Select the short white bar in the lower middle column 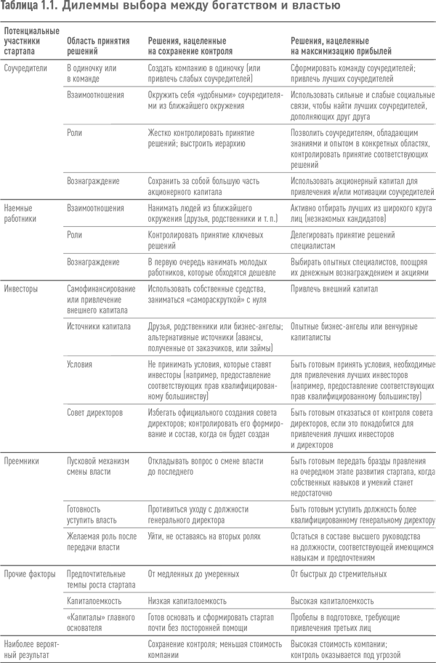pyautogui.click(x=166, y=557)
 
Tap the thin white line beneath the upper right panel pyautogui.click(x=277, y=331)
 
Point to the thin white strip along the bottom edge pyautogui.click(x=166, y=659)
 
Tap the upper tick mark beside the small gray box pyautogui.click(x=65, y=357)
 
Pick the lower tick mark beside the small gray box pyautogui.click(x=65, y=403)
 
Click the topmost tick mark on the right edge pyautogui.click(x=434, y=22)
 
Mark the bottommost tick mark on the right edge pyautogui.click(x=434, y=637)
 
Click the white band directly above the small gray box pyautogui.click(x=55, y=342)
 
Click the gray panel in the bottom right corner pyautogui.click(x=327, y=552)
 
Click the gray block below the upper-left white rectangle pyautogui.click(x=55, y=225)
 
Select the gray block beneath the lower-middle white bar pyautogui.click(x=166, y=611)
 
